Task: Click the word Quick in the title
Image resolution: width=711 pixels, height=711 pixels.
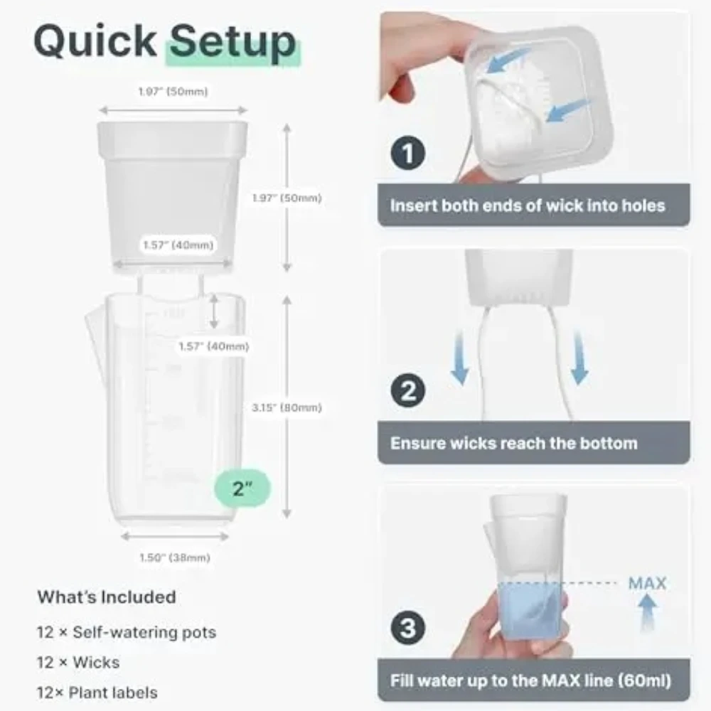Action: pyautogui.click(x=95, y=41)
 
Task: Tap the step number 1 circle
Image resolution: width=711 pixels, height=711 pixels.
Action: pyautogui.click(x=407, y=153)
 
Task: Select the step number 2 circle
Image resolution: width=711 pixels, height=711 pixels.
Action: pyautogui.click(x=407, y=390)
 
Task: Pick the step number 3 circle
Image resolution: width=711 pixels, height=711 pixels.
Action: pyautogui.click(x=407, y=628)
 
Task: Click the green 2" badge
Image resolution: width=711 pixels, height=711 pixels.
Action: pyautogui.click(x=242, y=488)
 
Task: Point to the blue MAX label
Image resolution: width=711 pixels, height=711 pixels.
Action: pyautogui.click(x=647, y=583)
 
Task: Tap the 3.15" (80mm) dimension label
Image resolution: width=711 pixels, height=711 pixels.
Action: pyautogui.click(x=287, y=407)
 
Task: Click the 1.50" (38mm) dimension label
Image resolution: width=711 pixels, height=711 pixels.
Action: pyautogui.click(x=175, y=557)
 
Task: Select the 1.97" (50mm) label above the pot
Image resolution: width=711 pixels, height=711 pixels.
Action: pyautogui.click(x=173, y=92)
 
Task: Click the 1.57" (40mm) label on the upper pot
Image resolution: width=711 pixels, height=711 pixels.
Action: pyautogui.click(x=178, y=245)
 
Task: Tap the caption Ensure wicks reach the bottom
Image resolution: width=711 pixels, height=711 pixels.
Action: pyautogui.click(x=514, y=443)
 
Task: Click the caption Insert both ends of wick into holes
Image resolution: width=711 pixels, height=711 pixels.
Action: pyautogui.click(x=528, y=205)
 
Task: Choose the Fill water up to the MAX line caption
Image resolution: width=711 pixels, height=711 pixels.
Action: pyautogui.click(x=530, y=680)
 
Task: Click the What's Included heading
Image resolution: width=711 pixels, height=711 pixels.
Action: pyautogui.click(x=107, y=597)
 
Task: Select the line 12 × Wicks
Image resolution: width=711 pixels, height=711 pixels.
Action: pyautogui.click(x=78, y=663)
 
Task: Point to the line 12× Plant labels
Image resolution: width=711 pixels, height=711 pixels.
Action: pyautogui.click(x=97, y=693)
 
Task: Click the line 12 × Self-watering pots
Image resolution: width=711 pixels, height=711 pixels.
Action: pyautogui.click(x=127, y=633)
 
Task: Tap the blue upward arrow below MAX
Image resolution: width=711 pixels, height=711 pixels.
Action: pyautogui.click(x=647, y=612)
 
